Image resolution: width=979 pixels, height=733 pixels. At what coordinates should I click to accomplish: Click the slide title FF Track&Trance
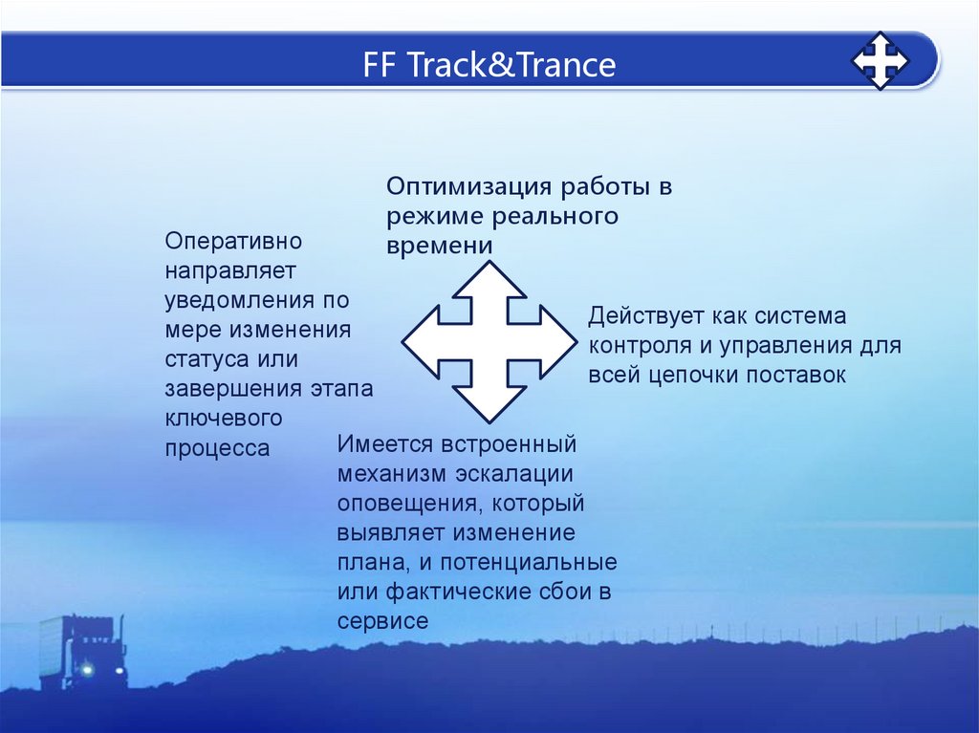489,64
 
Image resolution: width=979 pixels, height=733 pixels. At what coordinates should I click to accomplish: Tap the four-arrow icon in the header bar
881,60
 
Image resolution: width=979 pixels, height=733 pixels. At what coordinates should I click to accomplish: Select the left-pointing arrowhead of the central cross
421,341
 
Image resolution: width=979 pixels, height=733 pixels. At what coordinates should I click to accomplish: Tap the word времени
440,245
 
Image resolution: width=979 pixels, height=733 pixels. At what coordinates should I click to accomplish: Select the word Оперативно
233,241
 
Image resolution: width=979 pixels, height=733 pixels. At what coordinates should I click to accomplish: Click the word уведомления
239,300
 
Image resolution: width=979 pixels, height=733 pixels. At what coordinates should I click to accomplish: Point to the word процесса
217,448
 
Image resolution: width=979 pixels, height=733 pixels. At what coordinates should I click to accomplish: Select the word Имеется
385,444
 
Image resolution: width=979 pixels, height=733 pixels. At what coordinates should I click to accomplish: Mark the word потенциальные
529,563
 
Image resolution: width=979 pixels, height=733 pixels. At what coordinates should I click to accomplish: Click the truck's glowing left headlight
87,671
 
